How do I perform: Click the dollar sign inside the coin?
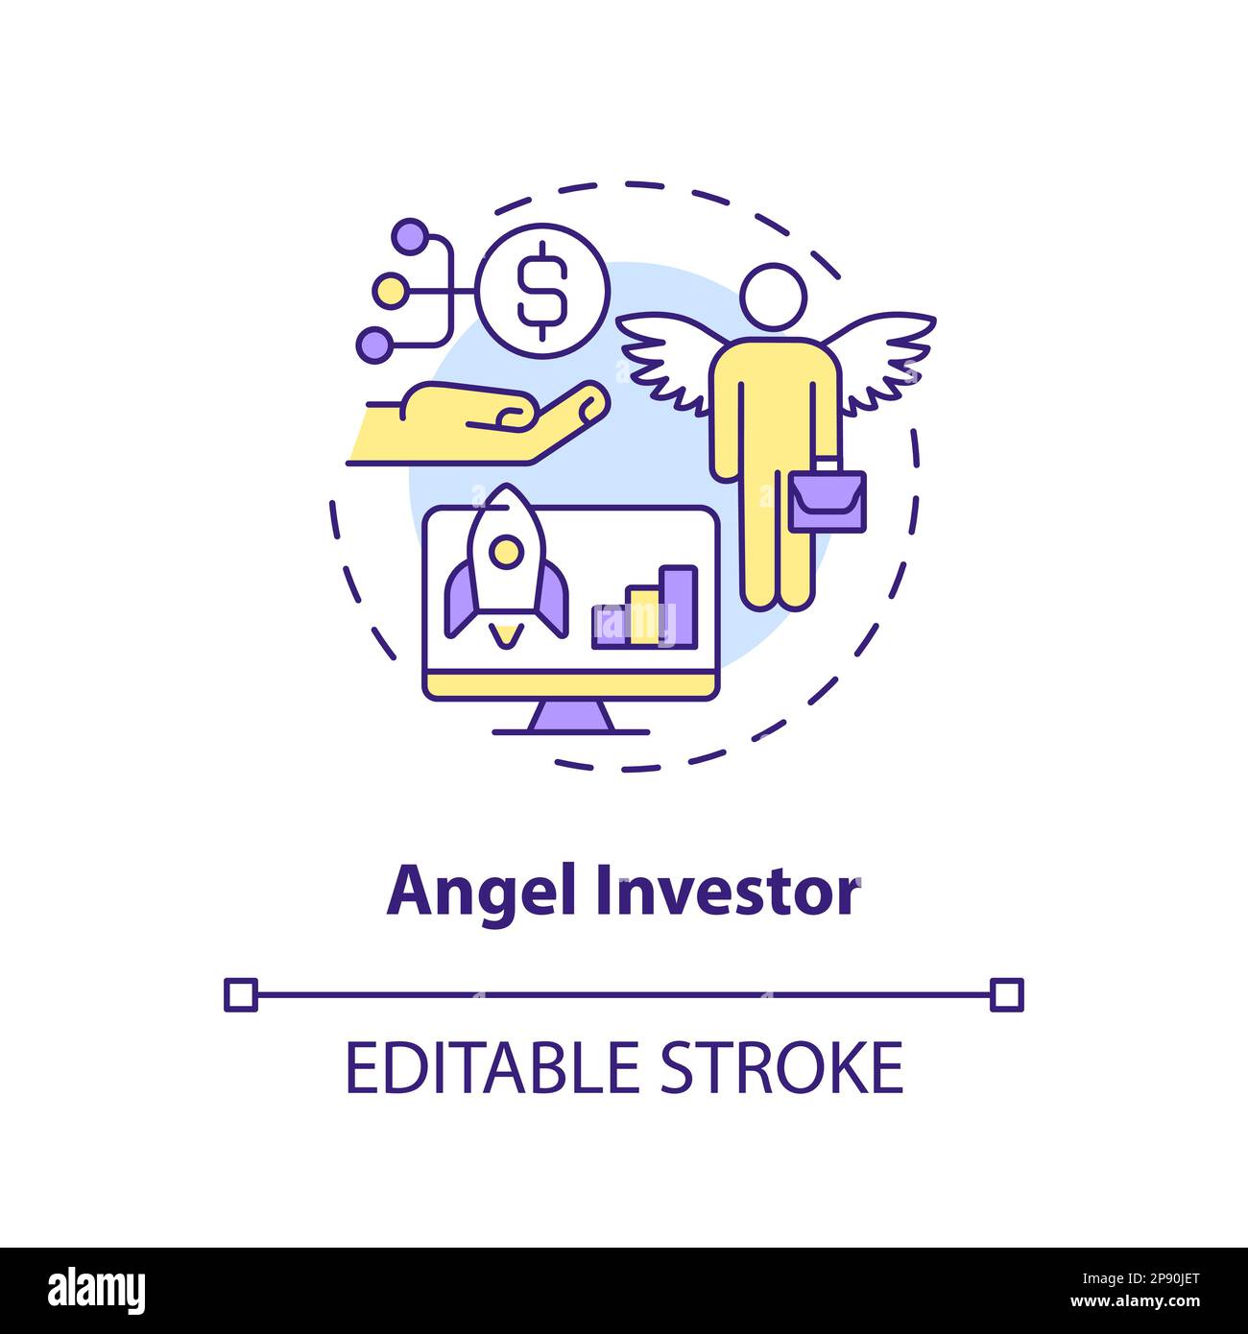point(542,285)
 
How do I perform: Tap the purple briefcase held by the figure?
point(828,498)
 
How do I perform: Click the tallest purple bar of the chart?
point(680,604)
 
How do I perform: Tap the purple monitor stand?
point(570,715)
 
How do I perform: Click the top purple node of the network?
point(410,235)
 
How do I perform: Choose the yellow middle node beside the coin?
point(390,288)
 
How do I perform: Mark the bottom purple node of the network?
point(373,343)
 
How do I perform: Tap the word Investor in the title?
point(727,893)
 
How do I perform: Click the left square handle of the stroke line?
point(241,994)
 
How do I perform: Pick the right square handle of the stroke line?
point(1006,994)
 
